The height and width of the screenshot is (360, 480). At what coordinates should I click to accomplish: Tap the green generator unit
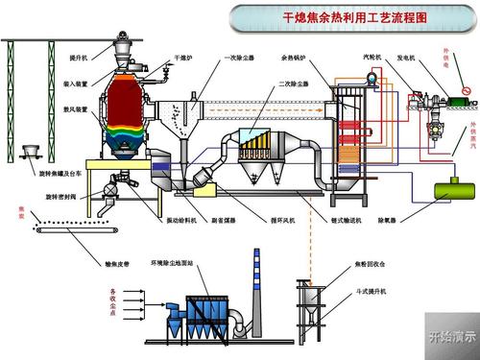(x=461, y=98)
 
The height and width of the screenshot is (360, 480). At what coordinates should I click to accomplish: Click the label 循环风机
(x=283, y=220)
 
